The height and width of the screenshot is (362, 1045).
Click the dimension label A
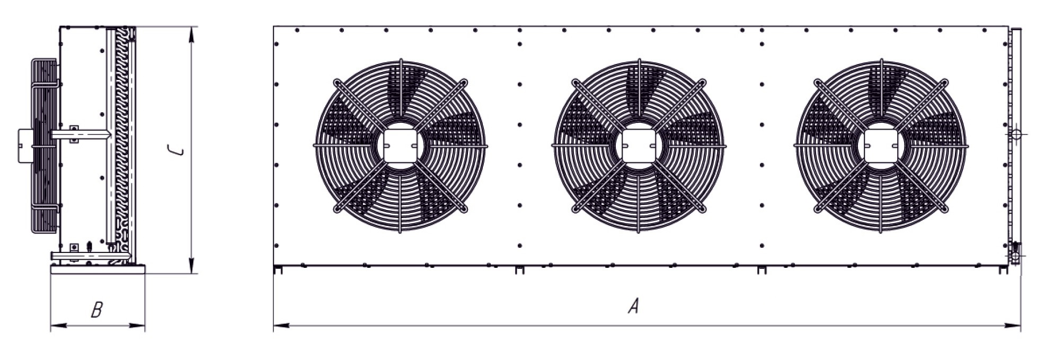633,306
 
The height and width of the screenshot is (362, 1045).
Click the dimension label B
96,310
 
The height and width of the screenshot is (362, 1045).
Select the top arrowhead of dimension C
192,35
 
